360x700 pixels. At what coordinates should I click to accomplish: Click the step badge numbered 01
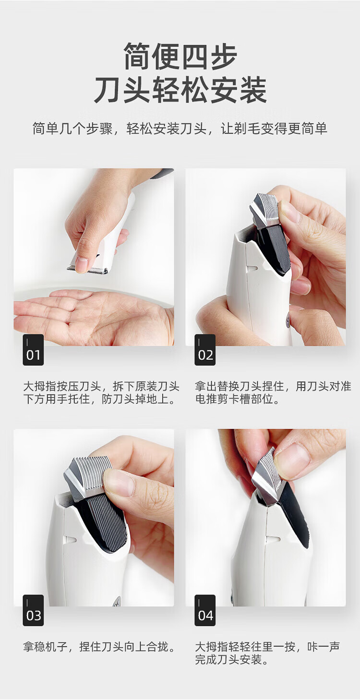point(33,350)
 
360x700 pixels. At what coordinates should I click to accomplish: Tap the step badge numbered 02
point(205,350)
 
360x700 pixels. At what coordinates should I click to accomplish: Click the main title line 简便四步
point(180,57)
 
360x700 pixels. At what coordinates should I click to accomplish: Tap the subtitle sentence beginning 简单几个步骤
point(180,129)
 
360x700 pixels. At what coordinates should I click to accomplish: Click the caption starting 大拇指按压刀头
point(101,392)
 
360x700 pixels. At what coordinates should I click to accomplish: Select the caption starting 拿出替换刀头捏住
point(273,392)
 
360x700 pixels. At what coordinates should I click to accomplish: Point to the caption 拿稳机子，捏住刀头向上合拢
point(99,647)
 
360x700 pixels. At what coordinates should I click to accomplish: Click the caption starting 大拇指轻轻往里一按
point(267,653)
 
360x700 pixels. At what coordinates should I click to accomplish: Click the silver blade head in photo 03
point(88,475)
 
